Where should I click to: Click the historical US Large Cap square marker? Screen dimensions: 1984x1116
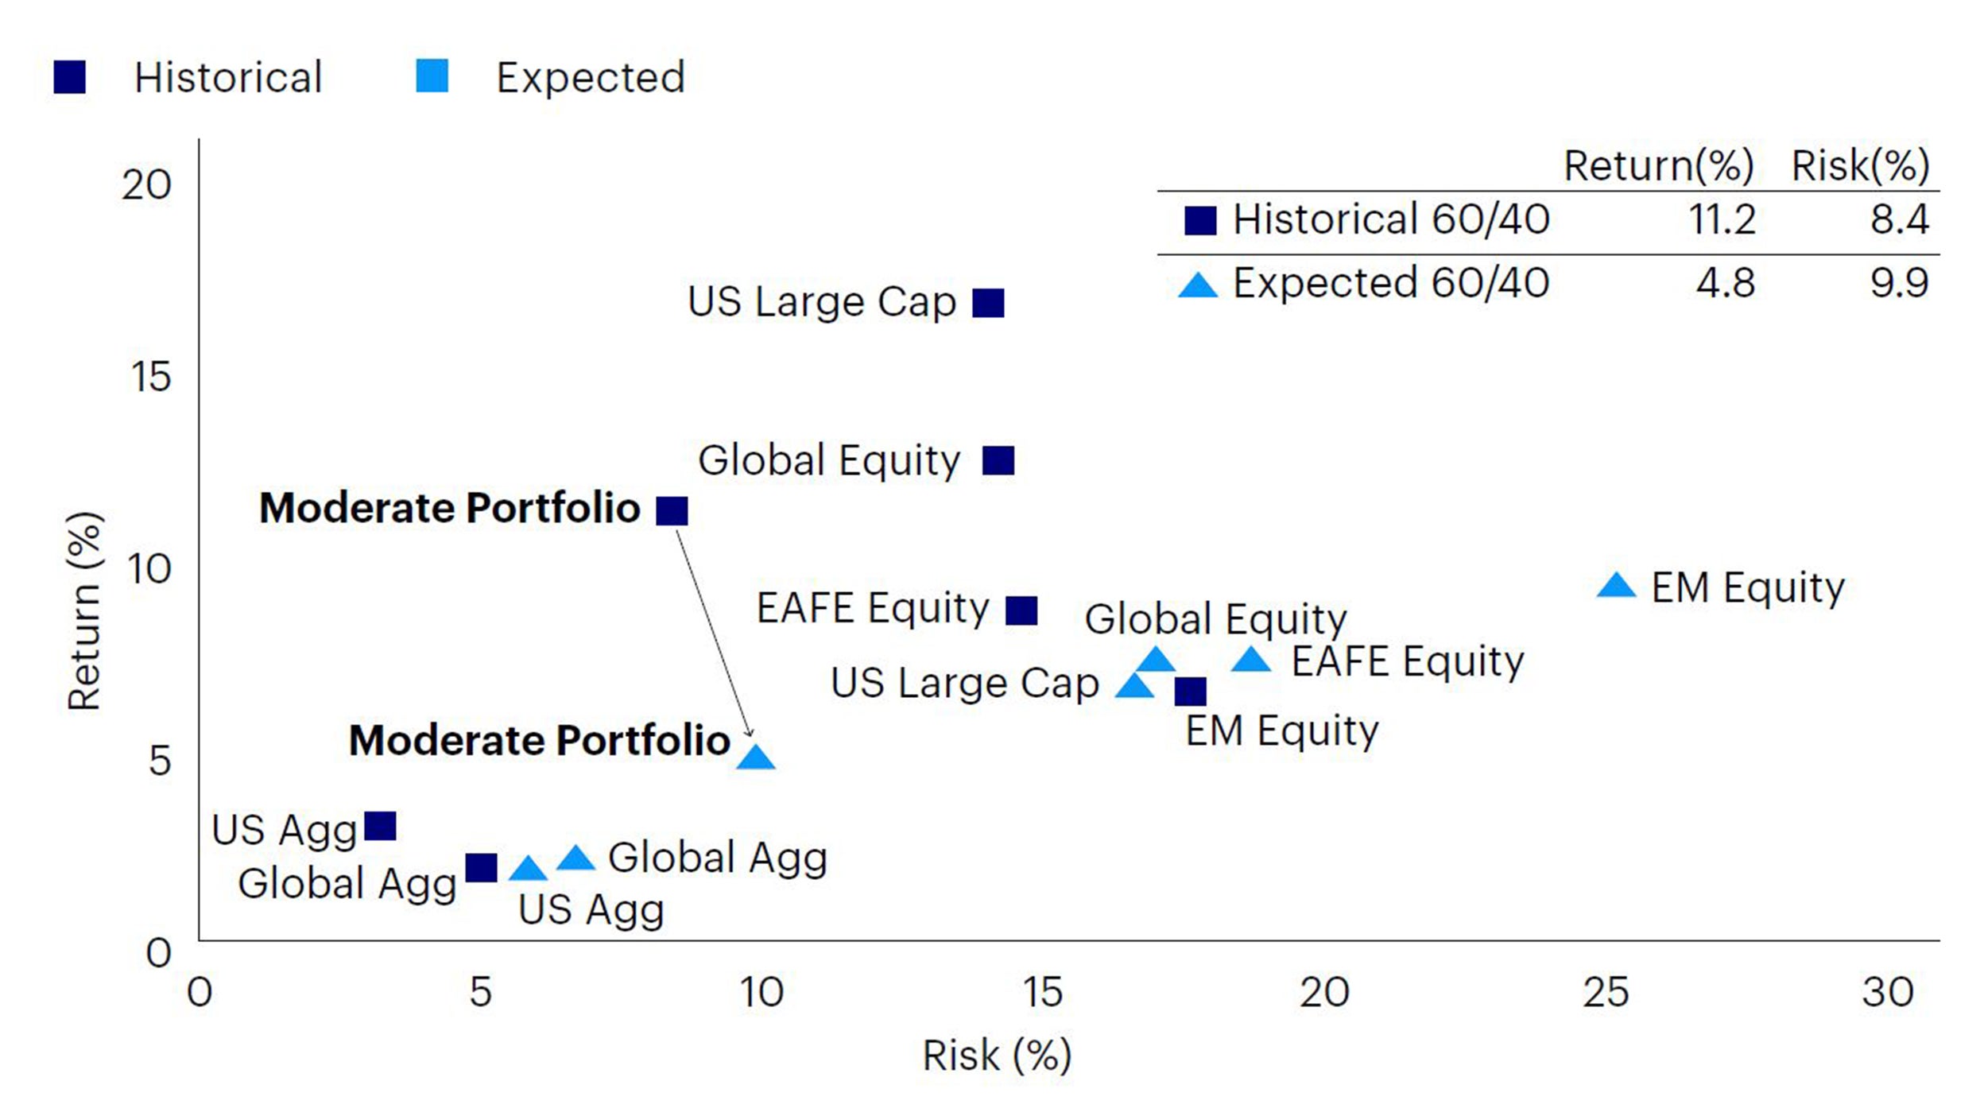pyautogui.click(x=988, y=303)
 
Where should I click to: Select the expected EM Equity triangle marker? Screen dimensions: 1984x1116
pyautogui.click(x=1616, y=586)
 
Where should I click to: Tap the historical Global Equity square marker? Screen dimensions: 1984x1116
pyautogui.click(x=998, y=460)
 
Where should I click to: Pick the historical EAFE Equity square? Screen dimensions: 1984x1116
pyautogui.click(x=1021, y=610)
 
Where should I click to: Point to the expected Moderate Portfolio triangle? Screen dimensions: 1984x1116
pyautogui.click(x=756, y=758)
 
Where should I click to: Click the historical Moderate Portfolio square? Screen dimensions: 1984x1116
pyautogui.click(x=672, y=510)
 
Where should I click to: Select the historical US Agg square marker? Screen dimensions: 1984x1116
pyautogui.click(x=380, y=827)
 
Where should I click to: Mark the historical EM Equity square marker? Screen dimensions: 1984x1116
pyautogui.click(x=1190, y=692)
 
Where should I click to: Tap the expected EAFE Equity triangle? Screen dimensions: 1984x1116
pyautogui.click(x=1251, y=659)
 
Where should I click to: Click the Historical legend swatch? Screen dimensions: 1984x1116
pyautogui.click(x=70, y=77)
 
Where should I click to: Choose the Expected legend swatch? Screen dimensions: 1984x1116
pyautogui.click(x=432, y=76)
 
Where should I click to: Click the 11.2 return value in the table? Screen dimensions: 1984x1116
pyautogui.click(x=1722, y=219)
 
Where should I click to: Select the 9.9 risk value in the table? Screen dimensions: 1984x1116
pyautogui.click(x=1899, y=283)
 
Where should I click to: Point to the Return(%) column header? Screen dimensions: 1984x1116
pyautogui.click(x=1659, y=166)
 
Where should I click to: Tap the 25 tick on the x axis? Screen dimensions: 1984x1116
pyautogui.click(x=1606, y=992)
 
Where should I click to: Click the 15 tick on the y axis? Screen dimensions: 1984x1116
pyautogui.click(x=150, y=376)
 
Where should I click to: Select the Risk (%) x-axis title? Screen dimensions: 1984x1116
pyautogui.click(x=997, y=1056)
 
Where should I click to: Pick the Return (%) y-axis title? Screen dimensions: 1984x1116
pyautogui.click(x=84, y=610)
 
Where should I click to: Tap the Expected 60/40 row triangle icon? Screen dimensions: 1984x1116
pyautogui.click(x=1198, y=285)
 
